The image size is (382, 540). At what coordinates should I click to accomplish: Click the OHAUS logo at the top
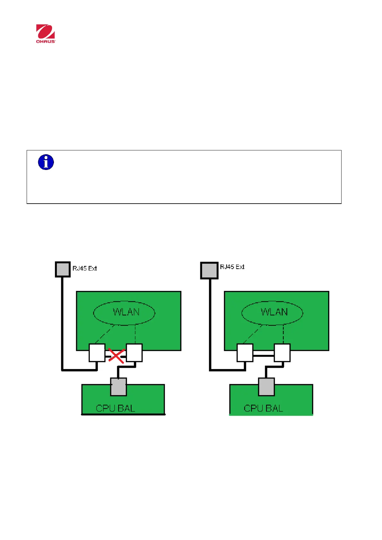46,33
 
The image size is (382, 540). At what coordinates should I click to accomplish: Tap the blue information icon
46,162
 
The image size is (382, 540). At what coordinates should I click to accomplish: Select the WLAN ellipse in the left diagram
124,312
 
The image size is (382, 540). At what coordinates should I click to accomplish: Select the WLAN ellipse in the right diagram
272,312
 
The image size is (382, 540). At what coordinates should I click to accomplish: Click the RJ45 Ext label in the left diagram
84,268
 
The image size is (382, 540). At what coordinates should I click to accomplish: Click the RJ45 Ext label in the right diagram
232,267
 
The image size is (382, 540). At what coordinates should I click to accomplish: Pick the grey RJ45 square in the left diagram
63,269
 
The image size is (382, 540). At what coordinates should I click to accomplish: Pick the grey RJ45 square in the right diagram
209,270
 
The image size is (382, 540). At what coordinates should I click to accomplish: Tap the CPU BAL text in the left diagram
115,408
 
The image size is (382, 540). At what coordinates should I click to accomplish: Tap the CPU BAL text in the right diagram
263,408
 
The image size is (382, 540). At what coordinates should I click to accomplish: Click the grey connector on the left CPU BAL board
118,387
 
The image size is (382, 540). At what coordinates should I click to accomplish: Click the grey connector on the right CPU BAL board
266,387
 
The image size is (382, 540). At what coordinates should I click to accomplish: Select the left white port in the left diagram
97,353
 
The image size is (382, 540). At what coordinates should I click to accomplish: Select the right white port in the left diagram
134,353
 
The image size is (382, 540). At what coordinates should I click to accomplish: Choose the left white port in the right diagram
245,353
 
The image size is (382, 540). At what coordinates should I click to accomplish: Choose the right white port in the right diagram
282,353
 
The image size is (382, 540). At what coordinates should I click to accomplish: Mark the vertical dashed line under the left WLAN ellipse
135,334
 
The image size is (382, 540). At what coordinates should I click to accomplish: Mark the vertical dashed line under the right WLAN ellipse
283,334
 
